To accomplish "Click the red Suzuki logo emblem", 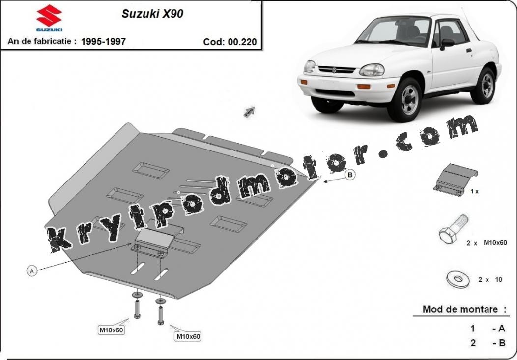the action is [49, 16].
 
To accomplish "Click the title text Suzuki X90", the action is [152, 14].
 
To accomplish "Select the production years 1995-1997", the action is [103, 41].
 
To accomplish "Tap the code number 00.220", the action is [242, 42].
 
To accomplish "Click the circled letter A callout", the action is [31, 271].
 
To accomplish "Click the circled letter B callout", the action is [350, 175].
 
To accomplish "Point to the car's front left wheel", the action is [404, 100].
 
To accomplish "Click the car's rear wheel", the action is [483, 85].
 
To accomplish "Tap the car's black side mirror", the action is [447, 44].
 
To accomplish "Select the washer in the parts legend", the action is [459, 279].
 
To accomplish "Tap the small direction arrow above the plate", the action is [249, 112].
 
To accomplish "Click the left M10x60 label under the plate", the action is [112, 330].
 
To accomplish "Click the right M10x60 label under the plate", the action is [188, 336].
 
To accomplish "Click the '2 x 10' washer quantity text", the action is [490, 280].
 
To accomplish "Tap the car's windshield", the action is [393, 30].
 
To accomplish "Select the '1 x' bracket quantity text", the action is [474, 191].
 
